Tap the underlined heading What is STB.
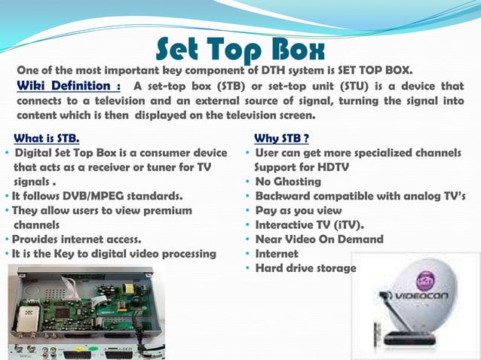46,139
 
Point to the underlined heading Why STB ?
281,139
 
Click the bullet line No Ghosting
287,182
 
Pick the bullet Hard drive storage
305,267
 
